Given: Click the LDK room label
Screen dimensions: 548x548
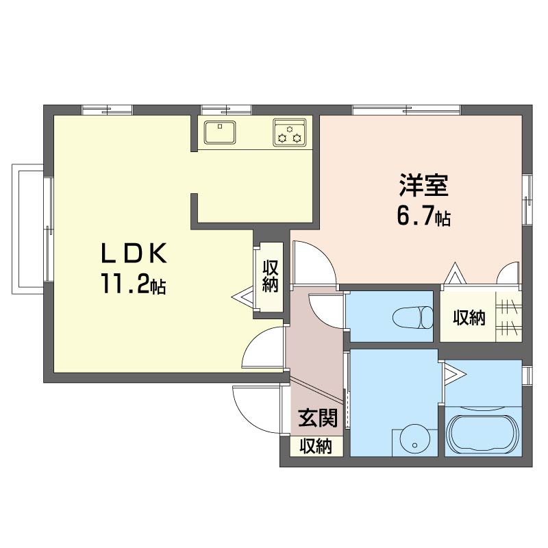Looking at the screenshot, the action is pyautogui.click(x=134, y=253).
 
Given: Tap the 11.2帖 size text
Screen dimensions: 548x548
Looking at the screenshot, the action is pyautogui.click(x=134, y=284).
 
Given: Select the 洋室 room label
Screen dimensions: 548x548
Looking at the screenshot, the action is pyautogui.click(x=424, y=185).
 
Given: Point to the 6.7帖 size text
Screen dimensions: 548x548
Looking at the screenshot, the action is pyautogui.click(x=423, y=216).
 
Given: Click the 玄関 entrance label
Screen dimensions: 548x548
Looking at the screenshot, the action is pyautogui.click(x=318, y=418).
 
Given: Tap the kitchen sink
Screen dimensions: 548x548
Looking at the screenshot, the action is pyautogui.click(x=220, y=132).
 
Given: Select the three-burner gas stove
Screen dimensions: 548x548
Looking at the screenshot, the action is pyautogui.click(x=290, y=132).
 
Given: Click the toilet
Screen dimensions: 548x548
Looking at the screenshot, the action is pyautogui.click(x=413, y=317).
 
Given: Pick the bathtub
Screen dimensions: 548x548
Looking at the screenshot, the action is pyautogui.click(x=484, y=436).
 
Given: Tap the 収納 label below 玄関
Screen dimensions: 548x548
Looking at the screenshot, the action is pyautogui.click(x=316, y=446).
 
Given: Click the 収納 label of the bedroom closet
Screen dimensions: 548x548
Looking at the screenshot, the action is pyautogui.click(x=469, y=318).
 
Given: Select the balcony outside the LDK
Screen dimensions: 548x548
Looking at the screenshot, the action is pyautogui.click(x=28, y=229).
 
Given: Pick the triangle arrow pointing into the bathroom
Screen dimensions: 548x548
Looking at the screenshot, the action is pyautogui.click(x=455, y=375).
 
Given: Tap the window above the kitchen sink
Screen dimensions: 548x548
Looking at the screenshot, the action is pyautogui.click(x=227, y=110).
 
